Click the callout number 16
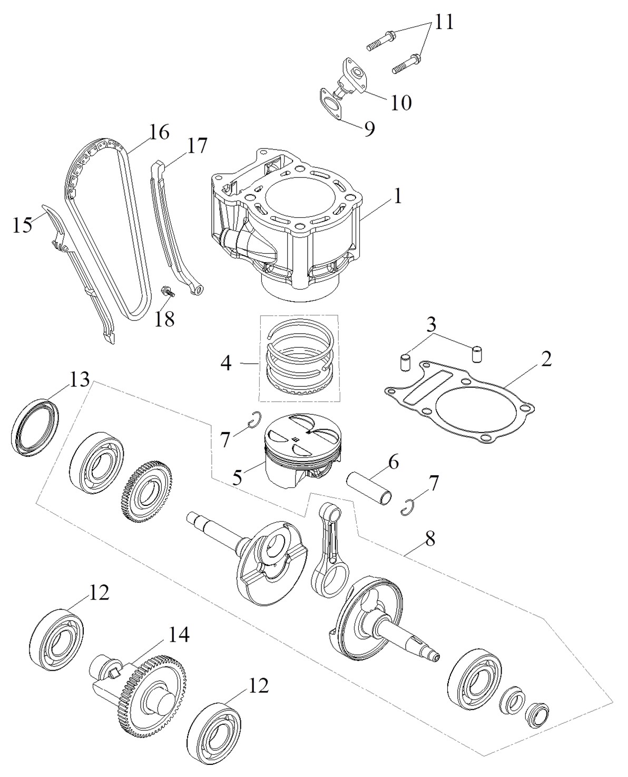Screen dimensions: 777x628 tap(159, 132)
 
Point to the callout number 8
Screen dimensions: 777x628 tap(430, 539)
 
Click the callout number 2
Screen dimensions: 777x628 tap(546, 360)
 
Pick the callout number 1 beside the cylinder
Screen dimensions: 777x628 tap(398, 197)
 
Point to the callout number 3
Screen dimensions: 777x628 tap(431, 322)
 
